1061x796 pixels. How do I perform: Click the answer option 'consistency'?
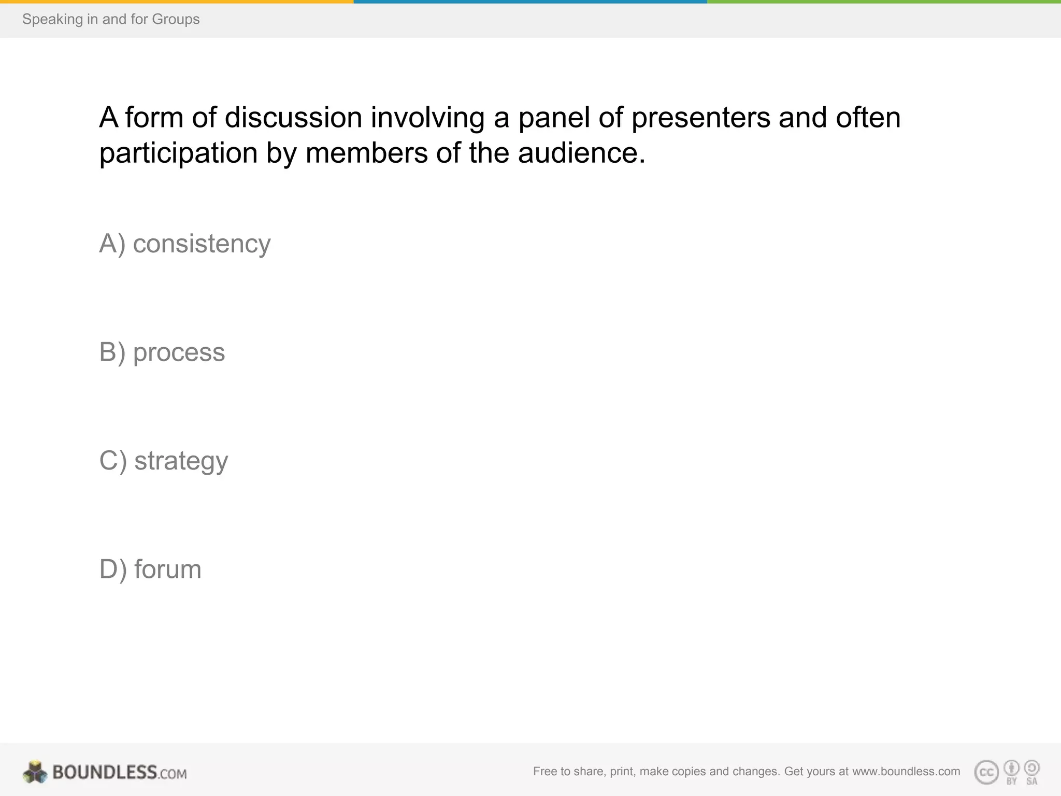184,244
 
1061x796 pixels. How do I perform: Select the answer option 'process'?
162,352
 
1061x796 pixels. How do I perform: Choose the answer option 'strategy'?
163,461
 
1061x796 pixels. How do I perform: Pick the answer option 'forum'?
150,569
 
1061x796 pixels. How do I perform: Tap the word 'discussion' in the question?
293,117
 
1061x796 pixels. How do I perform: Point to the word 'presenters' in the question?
700,117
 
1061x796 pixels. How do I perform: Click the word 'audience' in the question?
581,153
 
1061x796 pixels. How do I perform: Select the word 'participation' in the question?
178,153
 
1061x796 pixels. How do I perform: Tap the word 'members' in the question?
366,153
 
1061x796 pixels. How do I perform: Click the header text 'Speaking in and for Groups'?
111,19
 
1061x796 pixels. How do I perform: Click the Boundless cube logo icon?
35,772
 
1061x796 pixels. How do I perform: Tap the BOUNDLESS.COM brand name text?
119,772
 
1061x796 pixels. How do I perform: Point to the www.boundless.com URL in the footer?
906,771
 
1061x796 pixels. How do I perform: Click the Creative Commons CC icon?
986,772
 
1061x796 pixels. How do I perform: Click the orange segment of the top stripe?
176,2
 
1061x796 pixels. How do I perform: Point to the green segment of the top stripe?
884,2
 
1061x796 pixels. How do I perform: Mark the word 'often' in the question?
868,117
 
